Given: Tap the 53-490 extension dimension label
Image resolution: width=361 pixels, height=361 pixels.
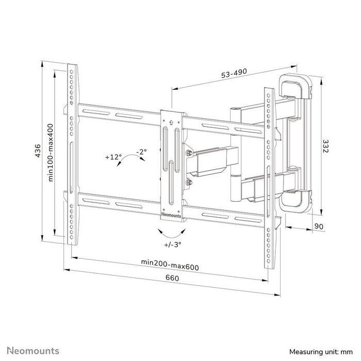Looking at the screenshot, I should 233,74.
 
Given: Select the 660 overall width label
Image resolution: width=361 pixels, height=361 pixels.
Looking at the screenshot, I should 172,278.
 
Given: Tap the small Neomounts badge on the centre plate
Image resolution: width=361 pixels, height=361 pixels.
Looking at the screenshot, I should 172,211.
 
